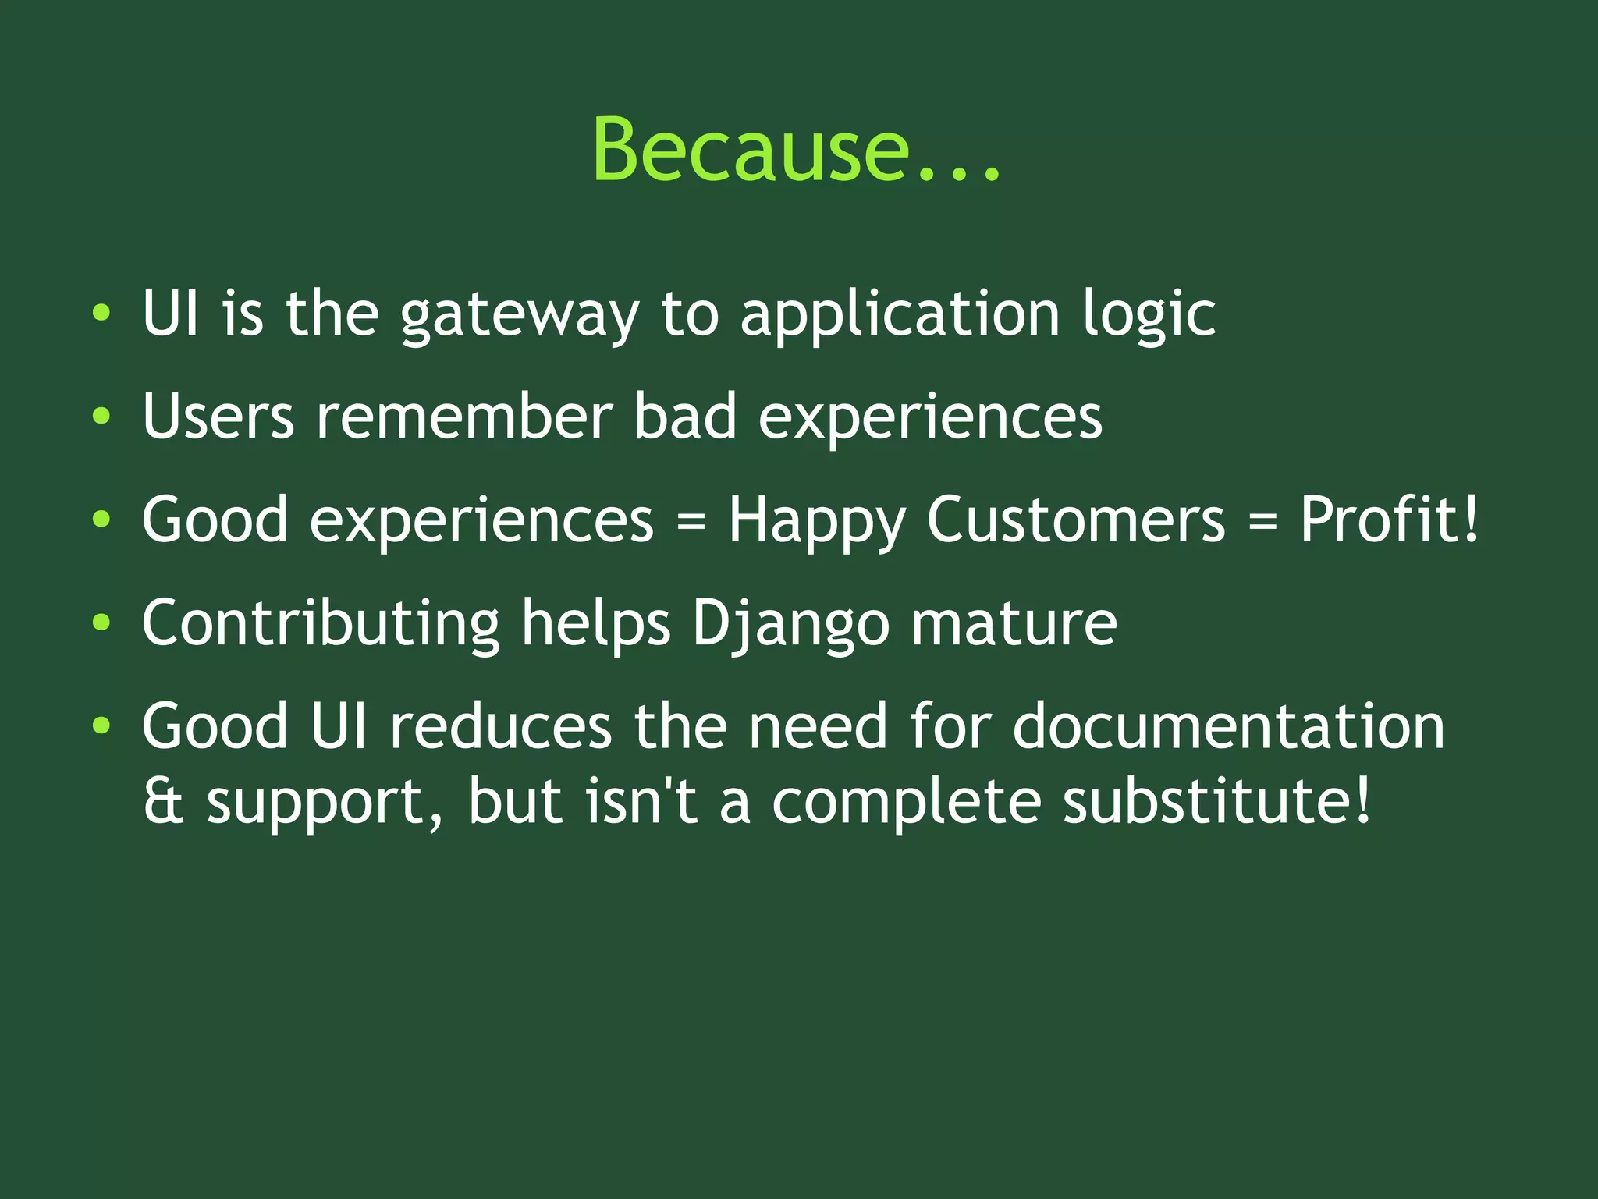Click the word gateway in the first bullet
pyautogui.click(x=519, y=315)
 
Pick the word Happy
pyautogui.click(x=816, y=521)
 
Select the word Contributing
pyautogui.click(x=321, y=624)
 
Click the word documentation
pyautogui.click(x=1228, y=726)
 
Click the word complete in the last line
pyautogui.click(x=906, y=803)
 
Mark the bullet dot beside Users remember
pyautogui.click(x=101, y=416)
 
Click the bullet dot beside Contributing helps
pyautogui.click(x=101, y=623)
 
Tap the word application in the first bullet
pyautogui.click(x=900, y=315)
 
